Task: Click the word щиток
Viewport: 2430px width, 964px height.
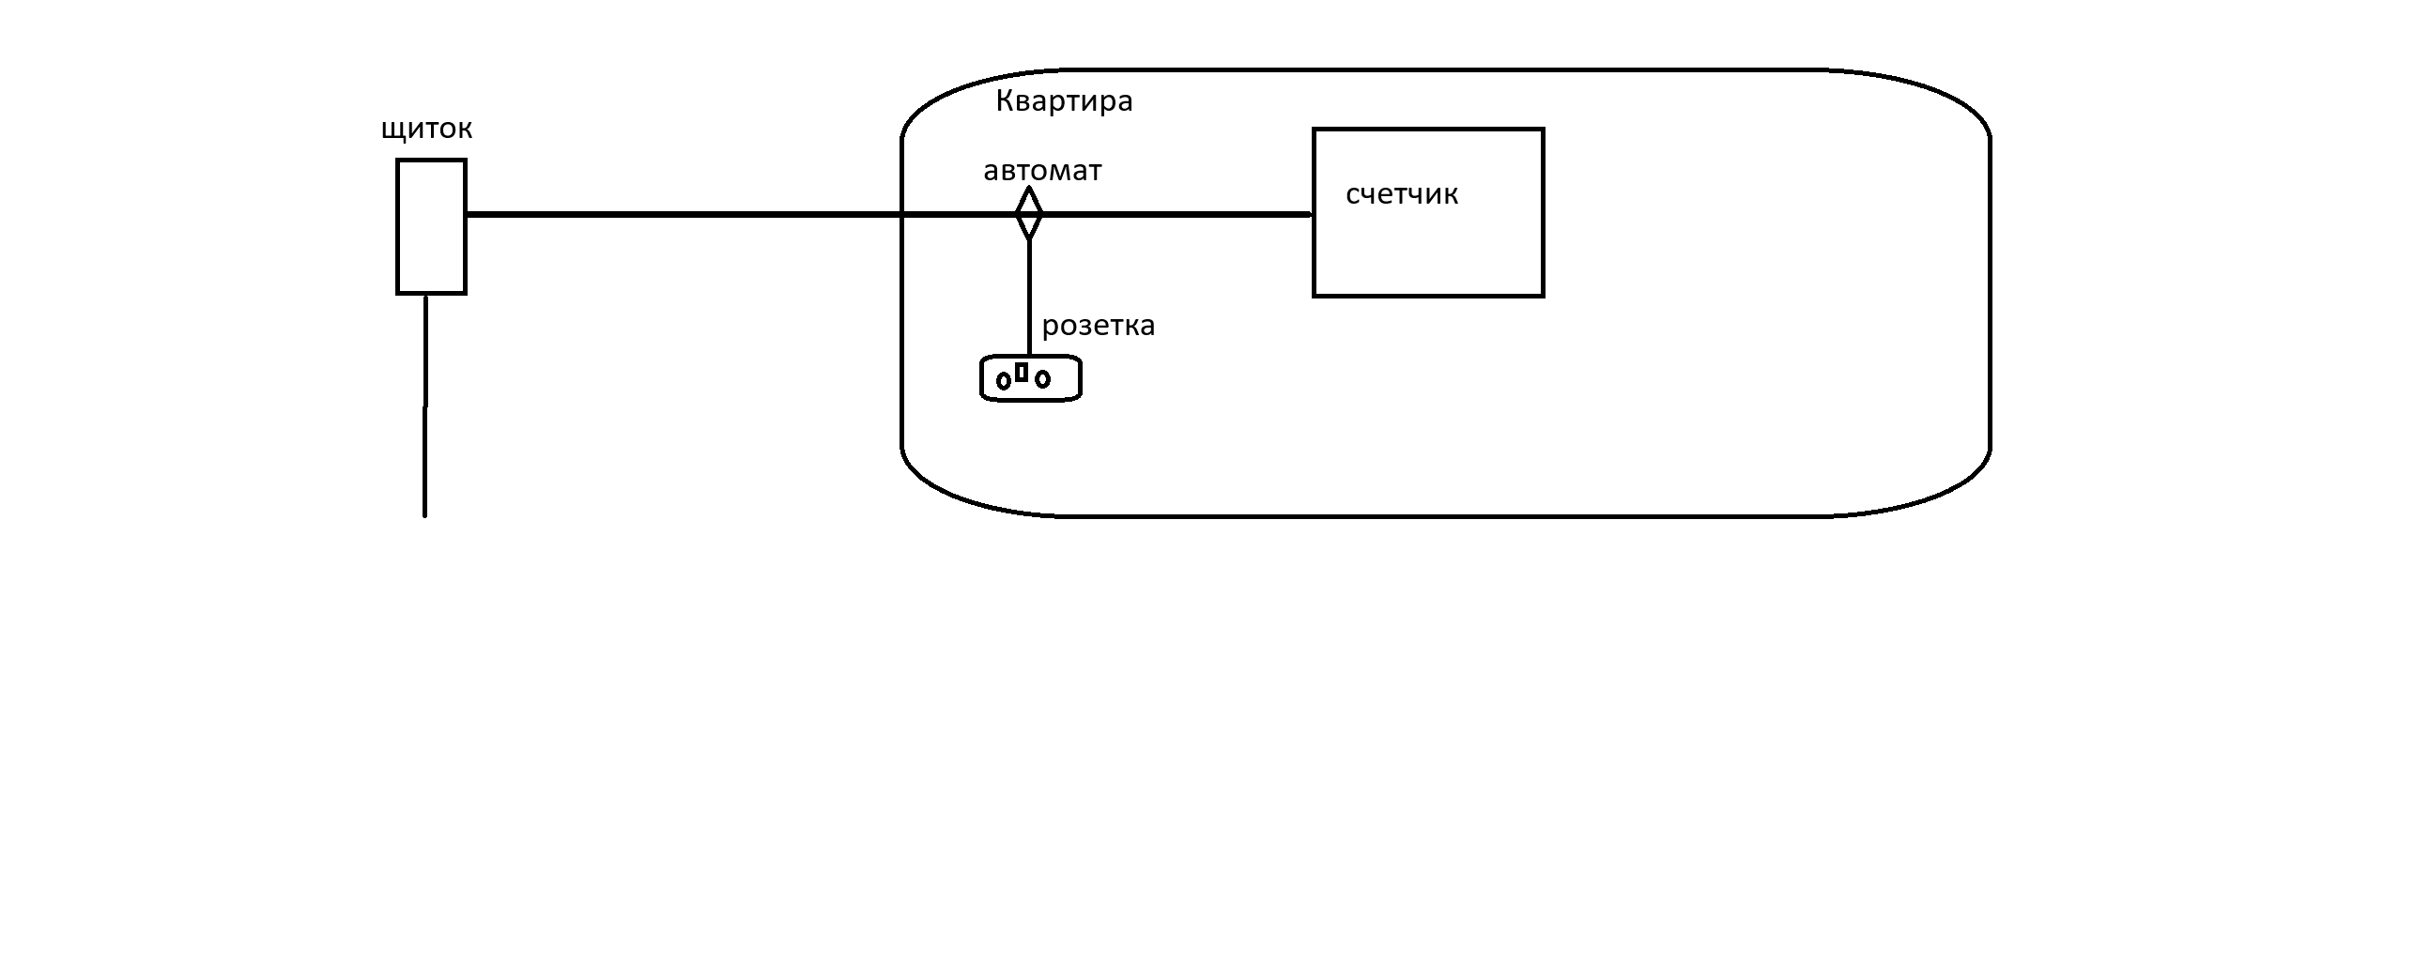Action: pyautogui.click(x=426, y=130)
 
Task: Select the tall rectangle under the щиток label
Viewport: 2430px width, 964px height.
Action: pyautogui.click(x=431, y=226)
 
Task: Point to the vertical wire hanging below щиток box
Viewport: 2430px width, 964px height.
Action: pyautogui.click(x=425, y=406)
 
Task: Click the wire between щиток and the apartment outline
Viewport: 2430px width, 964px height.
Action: pyautogui.click(x=684, y=214)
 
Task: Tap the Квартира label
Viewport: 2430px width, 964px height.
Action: pyautogui.click(x=1064, y=101)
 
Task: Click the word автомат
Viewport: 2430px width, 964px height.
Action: pyautogui.click(x=1042, y=171)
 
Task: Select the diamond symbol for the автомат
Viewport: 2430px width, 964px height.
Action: pyautogui.click(x=1029, y=213)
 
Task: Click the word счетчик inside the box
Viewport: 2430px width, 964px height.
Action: pyautogui.click(x=1402, y=194)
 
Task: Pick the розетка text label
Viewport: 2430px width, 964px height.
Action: pyautogui.click(x=1098, y=327)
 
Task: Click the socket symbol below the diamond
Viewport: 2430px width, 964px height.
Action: pyautogui.click(x=1031, y=378)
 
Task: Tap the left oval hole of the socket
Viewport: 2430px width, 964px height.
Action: pyautogui.click(x=1004, y=381)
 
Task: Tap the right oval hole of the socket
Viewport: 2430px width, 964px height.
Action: pyautogui.click(x=1042, y=379)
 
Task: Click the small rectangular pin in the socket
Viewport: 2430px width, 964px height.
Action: pyautogui.click(x=1022, y=372)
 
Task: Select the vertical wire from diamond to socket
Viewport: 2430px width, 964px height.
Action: pyautogui.click(x=1029, y=298)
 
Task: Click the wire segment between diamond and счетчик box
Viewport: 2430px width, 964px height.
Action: pyautogui.click(x=1178, y=214)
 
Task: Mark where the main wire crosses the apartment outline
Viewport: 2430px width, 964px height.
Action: pyautogui.click(x=901, y=214)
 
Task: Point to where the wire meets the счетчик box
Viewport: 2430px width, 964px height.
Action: pyautogui.click(x=1314, y=214)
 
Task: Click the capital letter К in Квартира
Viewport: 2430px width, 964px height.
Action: pyautogui.click(x=1006, y=101)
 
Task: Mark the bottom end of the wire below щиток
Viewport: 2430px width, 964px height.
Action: pyautogui.click(x=424, y=516)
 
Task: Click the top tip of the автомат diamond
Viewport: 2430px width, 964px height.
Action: pyautogui.click(x=1028, y=187)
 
